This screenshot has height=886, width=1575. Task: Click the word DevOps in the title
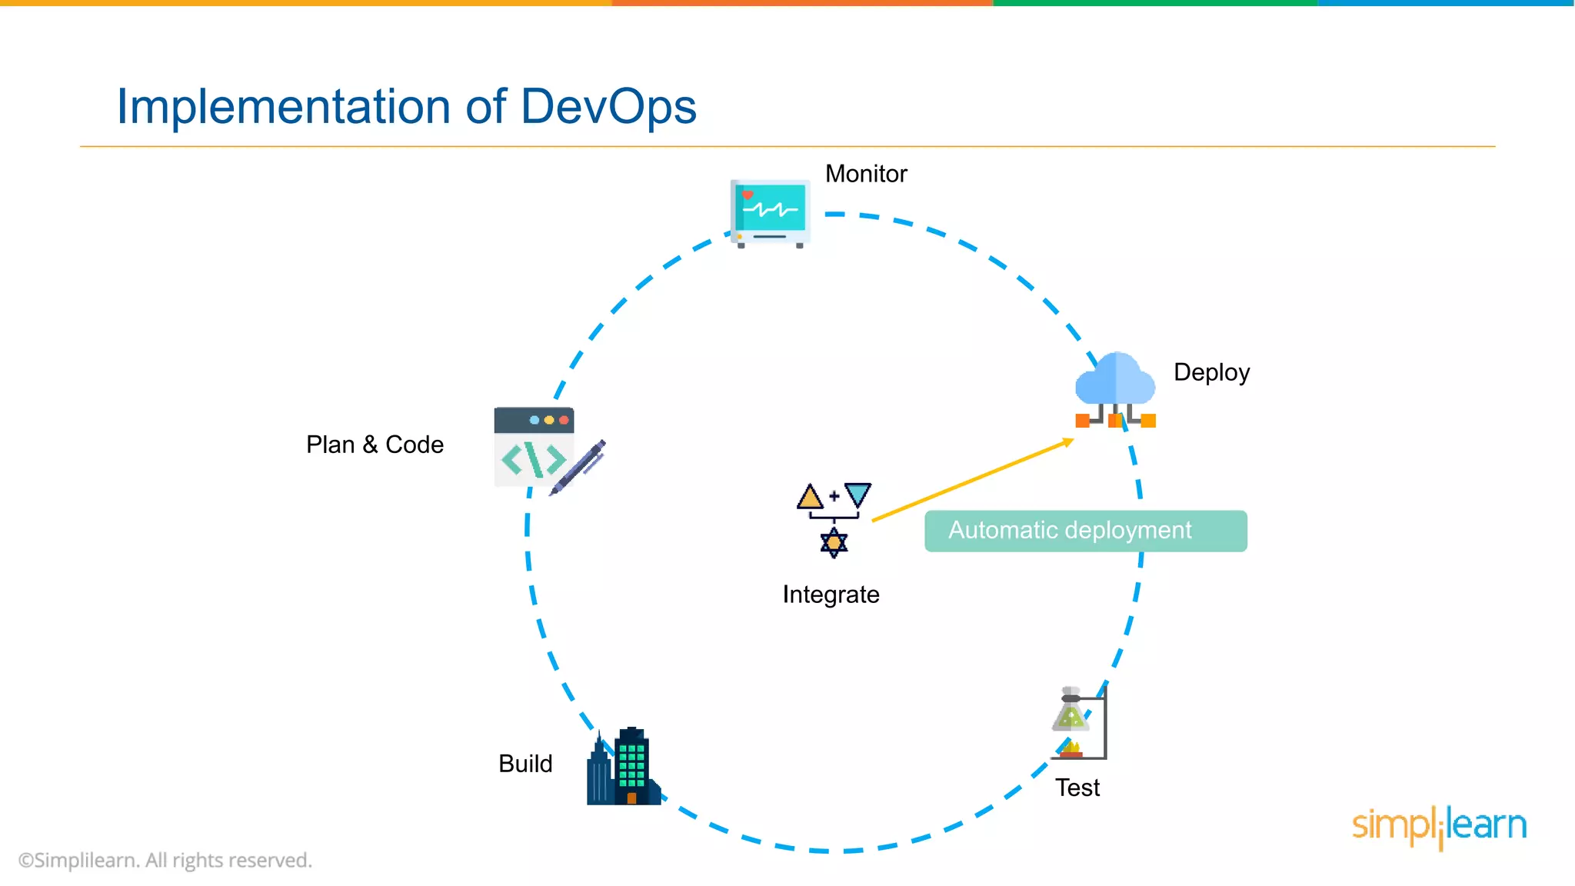(608, 106)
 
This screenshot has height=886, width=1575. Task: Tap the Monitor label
(866, 174)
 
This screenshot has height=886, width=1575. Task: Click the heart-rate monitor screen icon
(770, 211)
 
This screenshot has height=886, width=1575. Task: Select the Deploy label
(1211, 372)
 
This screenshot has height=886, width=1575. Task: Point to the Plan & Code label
(375, 445)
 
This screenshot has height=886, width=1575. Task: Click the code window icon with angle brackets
(534, 448)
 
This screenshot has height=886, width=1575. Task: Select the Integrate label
(831, 595)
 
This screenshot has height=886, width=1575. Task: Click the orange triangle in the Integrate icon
(810, 498)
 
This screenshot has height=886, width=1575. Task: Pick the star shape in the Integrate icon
(834, 543)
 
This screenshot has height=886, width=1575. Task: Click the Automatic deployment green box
(1085, 531)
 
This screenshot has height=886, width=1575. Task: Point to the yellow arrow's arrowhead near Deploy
(1068, 441)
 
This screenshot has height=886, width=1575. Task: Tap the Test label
(1077, 788)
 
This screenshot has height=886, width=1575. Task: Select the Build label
(525, 764)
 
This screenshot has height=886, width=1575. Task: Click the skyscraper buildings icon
(624, 768)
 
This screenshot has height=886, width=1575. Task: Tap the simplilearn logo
(1439, 826)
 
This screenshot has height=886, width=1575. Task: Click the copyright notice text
(165, 860)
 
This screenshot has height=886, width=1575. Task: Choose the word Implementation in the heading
(283, 106)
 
